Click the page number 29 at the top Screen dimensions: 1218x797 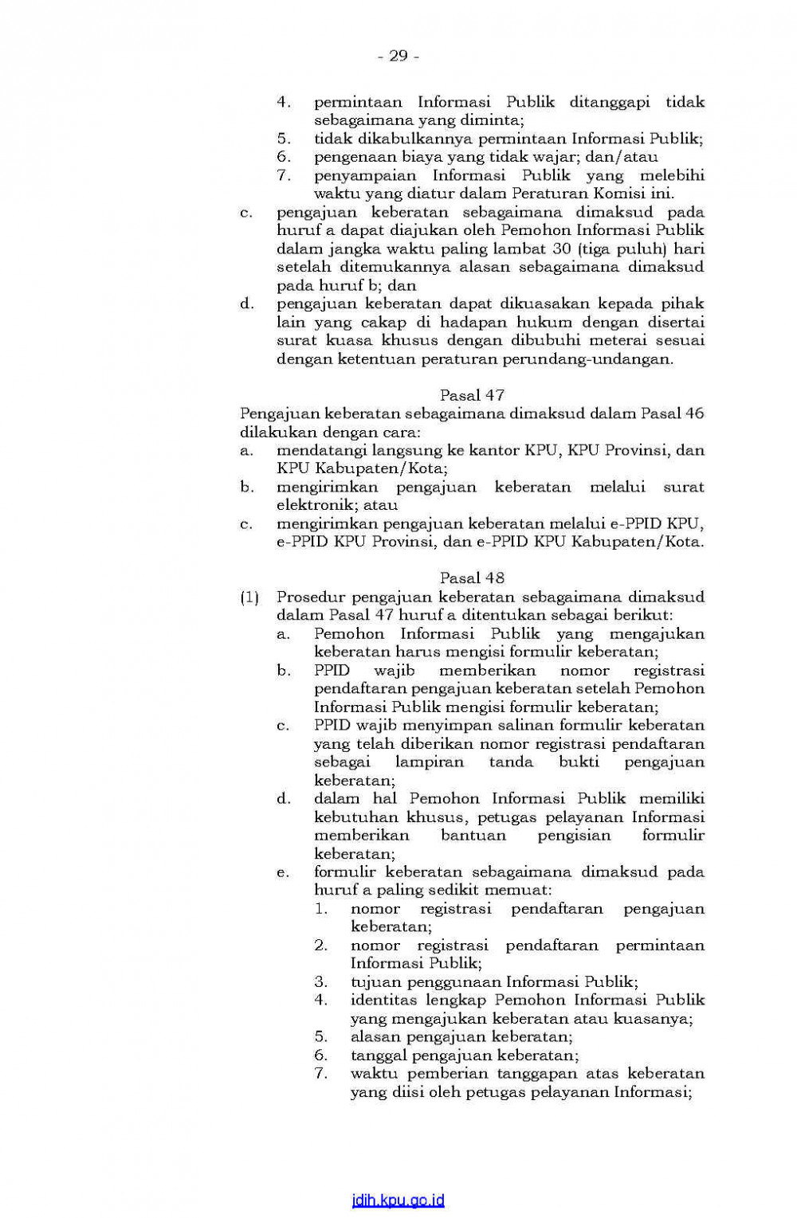tap(398, 56)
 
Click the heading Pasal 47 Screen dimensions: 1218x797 tap(472, 395)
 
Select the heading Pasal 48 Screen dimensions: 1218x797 tap(472, 578)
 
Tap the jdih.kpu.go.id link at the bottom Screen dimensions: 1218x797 tap(398, 1200)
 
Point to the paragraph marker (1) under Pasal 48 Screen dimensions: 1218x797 tap(249, 597)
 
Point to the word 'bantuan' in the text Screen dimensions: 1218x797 tap(473, 835)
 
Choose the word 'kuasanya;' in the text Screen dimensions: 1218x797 tap(657, 1019)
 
